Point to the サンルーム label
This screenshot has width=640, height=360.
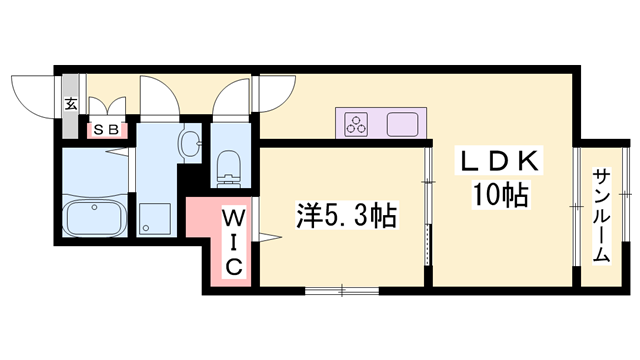601,214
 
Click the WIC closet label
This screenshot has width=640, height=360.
232,241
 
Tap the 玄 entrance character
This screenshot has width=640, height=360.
71,103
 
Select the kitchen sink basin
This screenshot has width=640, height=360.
404,124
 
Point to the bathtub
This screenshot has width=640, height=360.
92,217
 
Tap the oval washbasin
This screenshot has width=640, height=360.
187,142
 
